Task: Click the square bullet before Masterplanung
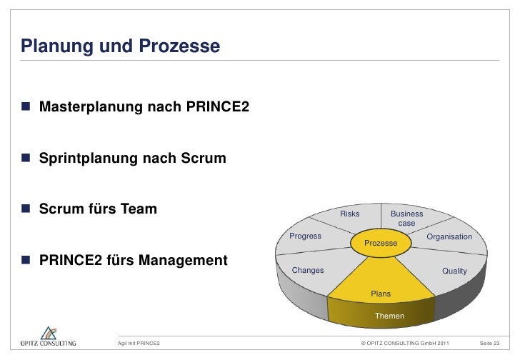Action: tap(26, 108)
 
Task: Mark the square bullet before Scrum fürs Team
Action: tap(26, 209)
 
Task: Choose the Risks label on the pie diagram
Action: tap(350, 214)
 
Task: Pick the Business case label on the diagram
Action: tap(406, 219)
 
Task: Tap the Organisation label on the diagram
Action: tap(449, 236)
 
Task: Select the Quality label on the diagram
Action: tap(454, 271)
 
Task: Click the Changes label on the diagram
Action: tap(309, 271)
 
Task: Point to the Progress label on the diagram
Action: tap(305, 236)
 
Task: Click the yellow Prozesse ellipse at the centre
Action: tap(380, 244)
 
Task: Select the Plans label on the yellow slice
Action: tap(380, 294)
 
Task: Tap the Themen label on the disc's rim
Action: tap(389, 316)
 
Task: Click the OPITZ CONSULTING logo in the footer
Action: tap(48, 337)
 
